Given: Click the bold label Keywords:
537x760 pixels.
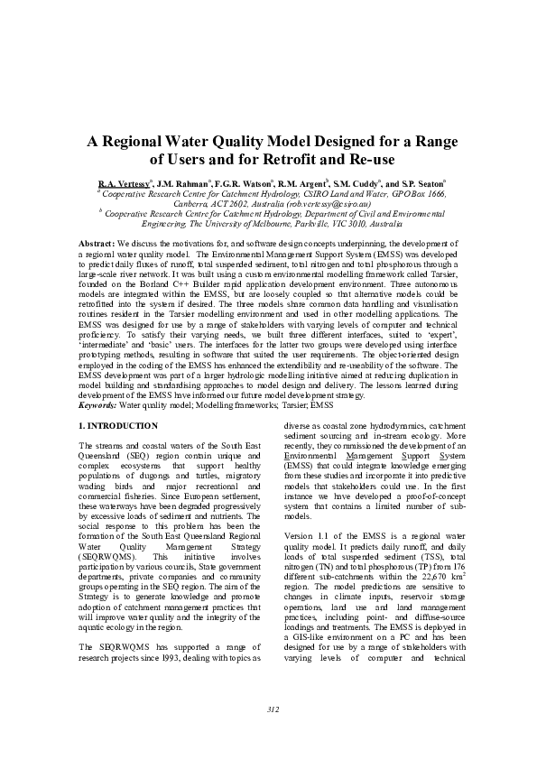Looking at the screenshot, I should pyautogui.click(x=97, y=405).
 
